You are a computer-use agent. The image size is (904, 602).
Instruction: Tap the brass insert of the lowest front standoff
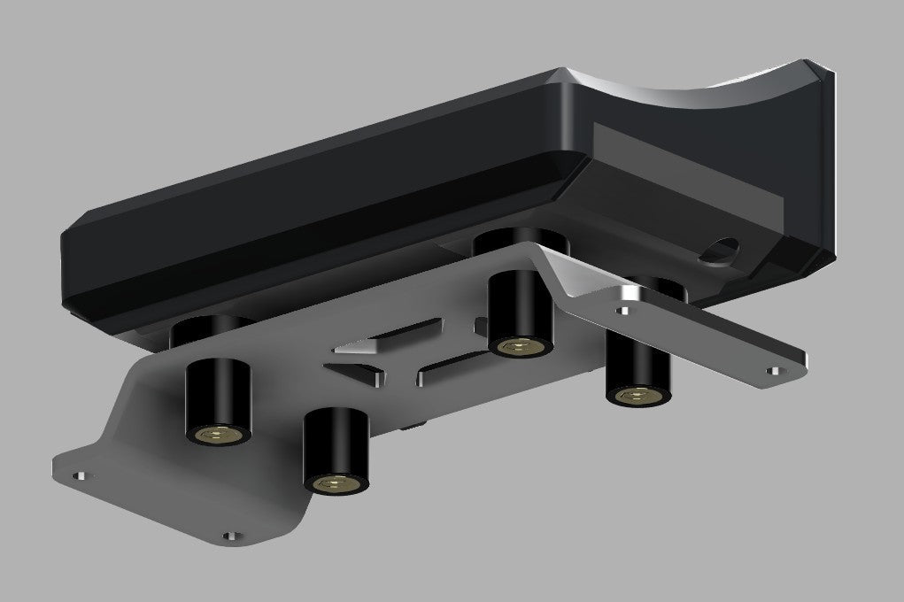335,482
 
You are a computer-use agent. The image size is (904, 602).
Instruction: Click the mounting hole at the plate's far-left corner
80,475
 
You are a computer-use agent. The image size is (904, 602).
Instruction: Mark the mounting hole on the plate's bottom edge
232,536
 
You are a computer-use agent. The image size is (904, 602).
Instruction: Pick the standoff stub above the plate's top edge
518,239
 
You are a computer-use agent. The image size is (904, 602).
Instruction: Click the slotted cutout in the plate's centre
398,354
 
